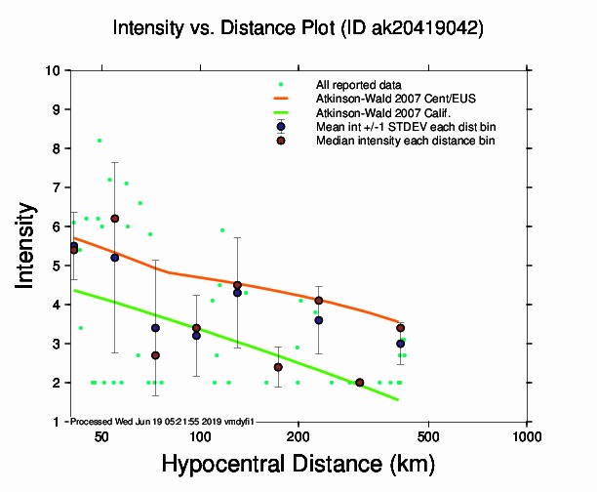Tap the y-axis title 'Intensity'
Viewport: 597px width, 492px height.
pyautogui.click(x=28, y=245)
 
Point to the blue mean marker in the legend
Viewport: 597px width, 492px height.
pyautogui.click(x=281, y=127)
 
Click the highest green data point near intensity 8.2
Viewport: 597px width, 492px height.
pyautogui.click(x=99, y=141)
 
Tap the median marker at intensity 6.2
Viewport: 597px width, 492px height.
pyautogui.click(x=115, y=219)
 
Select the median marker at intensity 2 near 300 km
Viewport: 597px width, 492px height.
pyautogui.click(x=360, y=383)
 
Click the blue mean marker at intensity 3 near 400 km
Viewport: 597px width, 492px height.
pyautogui.click(x=400, y=344)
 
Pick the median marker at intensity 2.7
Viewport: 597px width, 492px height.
pyautogui.click(x=155, y=355)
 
